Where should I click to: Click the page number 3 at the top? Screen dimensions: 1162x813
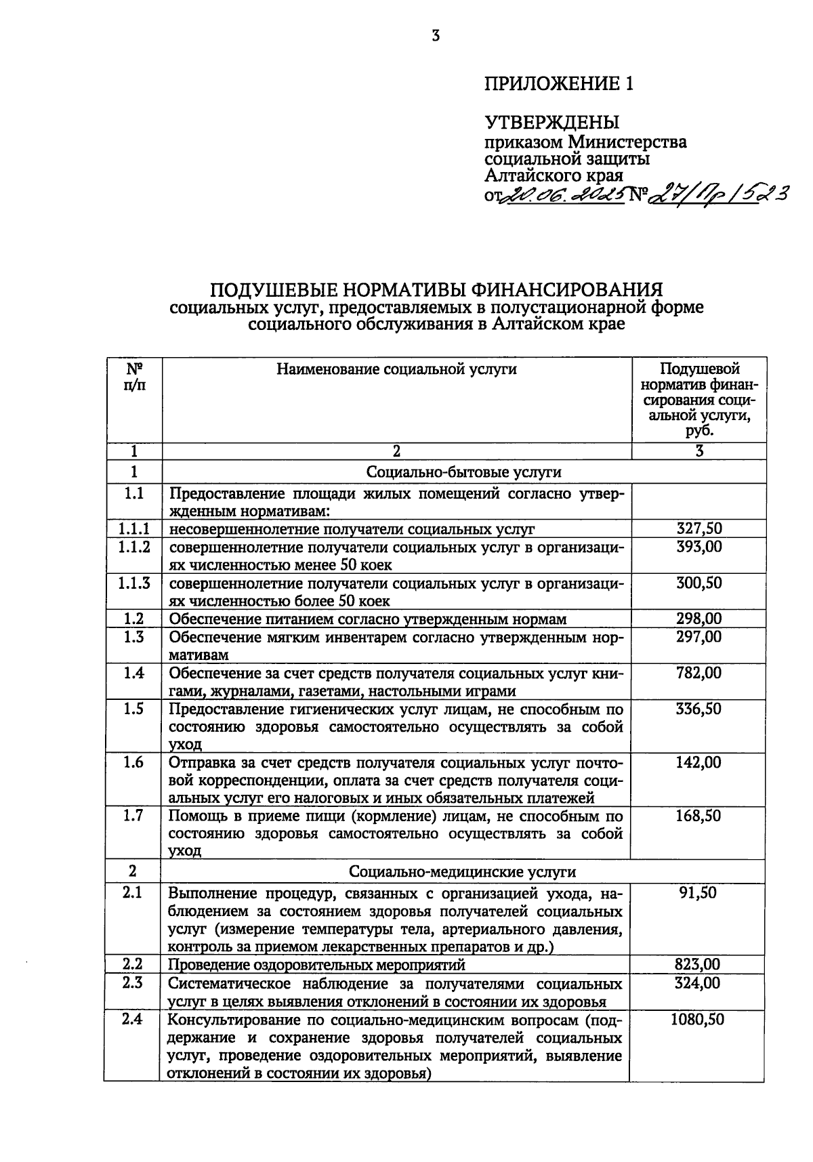[x=436, y=36]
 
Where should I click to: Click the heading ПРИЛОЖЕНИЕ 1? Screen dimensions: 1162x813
[x=560, y=83]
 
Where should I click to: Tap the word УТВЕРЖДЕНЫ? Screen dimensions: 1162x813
[x=551, y=123]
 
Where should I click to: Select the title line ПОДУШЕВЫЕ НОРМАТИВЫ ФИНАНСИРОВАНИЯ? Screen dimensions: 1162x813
[x=436, y=290]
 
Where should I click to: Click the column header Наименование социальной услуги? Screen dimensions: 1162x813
[x=396, y=369]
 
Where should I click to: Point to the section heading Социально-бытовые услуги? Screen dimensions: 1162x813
[x=464, y=472]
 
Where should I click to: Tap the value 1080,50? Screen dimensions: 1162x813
[x=697, y=1019]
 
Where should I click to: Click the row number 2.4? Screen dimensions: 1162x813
[x=132, y=1019]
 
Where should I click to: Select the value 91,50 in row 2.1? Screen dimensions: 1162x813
[x=698, y=892]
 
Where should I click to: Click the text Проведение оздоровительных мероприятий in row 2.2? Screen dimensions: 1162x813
[x=316, y=964]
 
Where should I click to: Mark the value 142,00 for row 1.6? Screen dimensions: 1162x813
[x=699, y=762]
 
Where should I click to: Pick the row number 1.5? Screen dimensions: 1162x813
[x=134, y=709]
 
